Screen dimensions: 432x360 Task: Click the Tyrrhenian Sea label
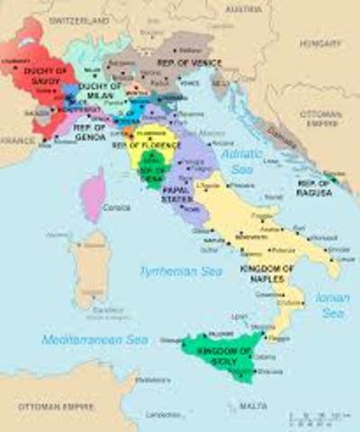(171, 270)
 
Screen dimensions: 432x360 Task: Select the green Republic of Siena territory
(153, 168)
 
